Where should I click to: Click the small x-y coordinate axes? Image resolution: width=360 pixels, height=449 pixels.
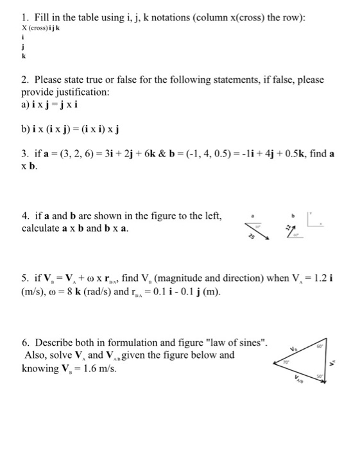pos(318,221)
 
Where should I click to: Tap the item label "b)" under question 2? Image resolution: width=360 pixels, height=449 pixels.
pos(26,130)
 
